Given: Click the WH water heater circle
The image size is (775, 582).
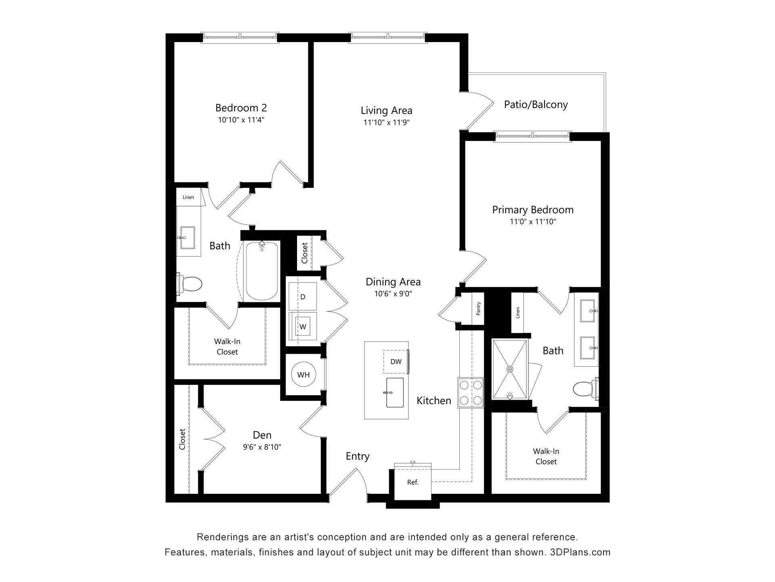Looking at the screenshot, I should click(303, 375).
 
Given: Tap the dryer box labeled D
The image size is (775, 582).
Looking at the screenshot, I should click(303, 297).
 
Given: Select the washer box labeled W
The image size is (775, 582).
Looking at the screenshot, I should click(303, 327).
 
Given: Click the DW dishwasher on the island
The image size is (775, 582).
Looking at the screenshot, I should click(396, 361).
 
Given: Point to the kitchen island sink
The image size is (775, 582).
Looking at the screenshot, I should click(395, 392).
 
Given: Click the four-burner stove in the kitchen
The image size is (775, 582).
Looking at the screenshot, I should click(471, 392).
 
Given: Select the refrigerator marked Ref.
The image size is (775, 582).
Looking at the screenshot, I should click(413, 482).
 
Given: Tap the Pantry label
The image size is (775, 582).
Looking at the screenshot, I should click(478, 309).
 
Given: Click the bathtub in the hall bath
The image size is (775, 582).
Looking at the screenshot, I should click(262, 271).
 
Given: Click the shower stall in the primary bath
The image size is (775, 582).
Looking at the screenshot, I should click(510, 369).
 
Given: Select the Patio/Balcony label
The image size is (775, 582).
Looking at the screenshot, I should click(536, 105).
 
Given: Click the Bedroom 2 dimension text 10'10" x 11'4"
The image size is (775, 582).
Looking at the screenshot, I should click(241, 120).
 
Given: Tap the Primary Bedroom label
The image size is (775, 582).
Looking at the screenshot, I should click(532, 210).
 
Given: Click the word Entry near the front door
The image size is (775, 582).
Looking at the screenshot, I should click(357, 456).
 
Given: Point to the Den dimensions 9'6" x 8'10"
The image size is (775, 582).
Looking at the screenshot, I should click(262, 447).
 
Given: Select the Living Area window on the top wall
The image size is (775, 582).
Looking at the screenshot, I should click(387, 37).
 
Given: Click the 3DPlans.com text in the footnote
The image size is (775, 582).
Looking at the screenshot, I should click(580, 552).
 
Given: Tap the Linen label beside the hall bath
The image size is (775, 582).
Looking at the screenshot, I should click(188, 197).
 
